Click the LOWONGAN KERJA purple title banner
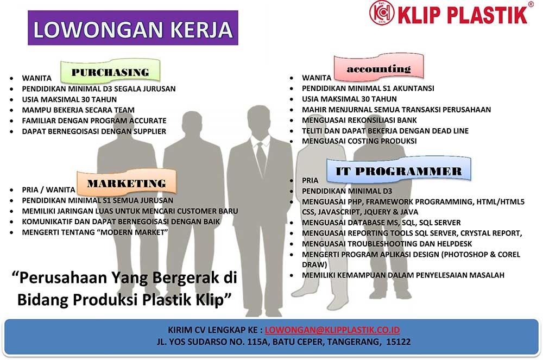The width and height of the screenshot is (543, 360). coord(133,28)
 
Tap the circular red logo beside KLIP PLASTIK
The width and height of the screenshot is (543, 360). coord(382,13)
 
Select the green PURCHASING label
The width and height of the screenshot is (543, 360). coord(110,71)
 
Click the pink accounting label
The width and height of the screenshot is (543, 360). coord(379,67)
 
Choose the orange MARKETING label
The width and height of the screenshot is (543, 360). coord(127,182)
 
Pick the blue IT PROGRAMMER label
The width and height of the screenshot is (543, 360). coord(399,170)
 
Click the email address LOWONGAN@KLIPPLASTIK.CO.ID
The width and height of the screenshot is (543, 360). coord(332,330)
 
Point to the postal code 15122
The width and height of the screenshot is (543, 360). coord(398,342)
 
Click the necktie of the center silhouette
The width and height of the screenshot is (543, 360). coord(261,158)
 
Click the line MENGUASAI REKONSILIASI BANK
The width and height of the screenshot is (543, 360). coord(359,120)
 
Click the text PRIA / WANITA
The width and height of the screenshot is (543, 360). coord(48,190)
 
